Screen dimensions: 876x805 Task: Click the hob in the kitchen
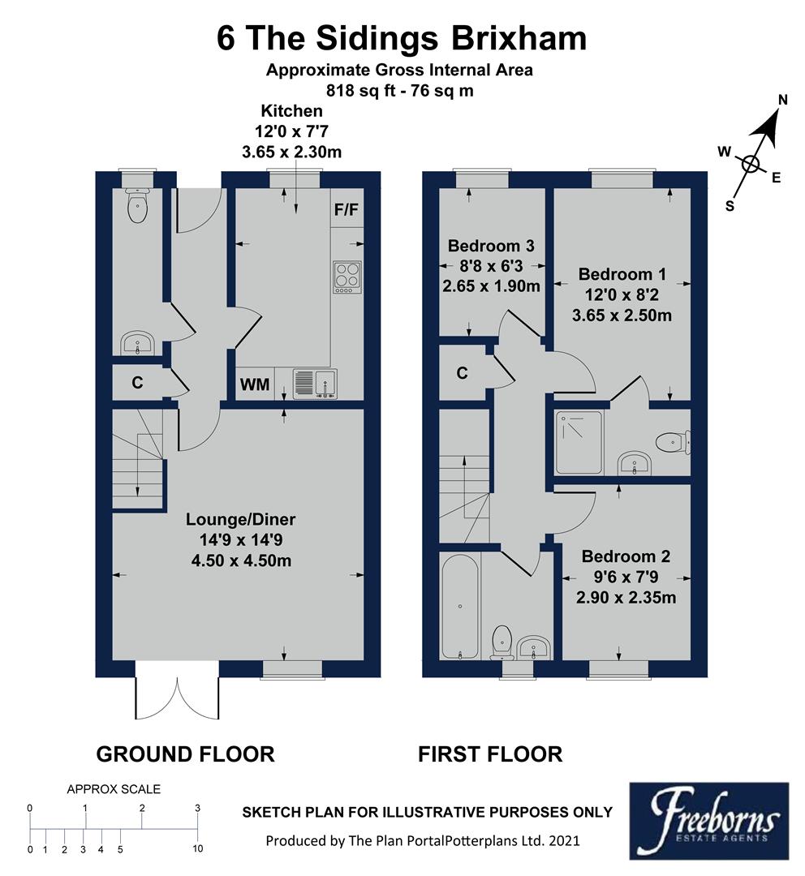[347, 276]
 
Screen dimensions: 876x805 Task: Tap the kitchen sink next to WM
[315, 384]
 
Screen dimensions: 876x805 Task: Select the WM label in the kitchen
[254, 385]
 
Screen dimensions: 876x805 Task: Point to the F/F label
[346, 210]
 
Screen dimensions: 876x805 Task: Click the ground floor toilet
[138, 206]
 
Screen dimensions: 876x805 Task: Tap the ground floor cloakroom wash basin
[138, 344]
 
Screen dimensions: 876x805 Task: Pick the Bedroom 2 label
[626, 557]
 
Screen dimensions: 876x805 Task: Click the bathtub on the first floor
[460, 605]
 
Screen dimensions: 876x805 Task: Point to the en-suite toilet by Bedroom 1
[672, 442]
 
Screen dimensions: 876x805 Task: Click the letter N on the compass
[783, 100]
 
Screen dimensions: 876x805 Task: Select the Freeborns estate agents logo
[708, 820]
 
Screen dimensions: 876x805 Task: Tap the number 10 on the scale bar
[197, 849]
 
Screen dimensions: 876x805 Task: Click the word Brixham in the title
[506, 38]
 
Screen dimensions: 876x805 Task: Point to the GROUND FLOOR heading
[185, 754]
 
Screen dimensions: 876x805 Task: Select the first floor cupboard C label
[462, 373]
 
